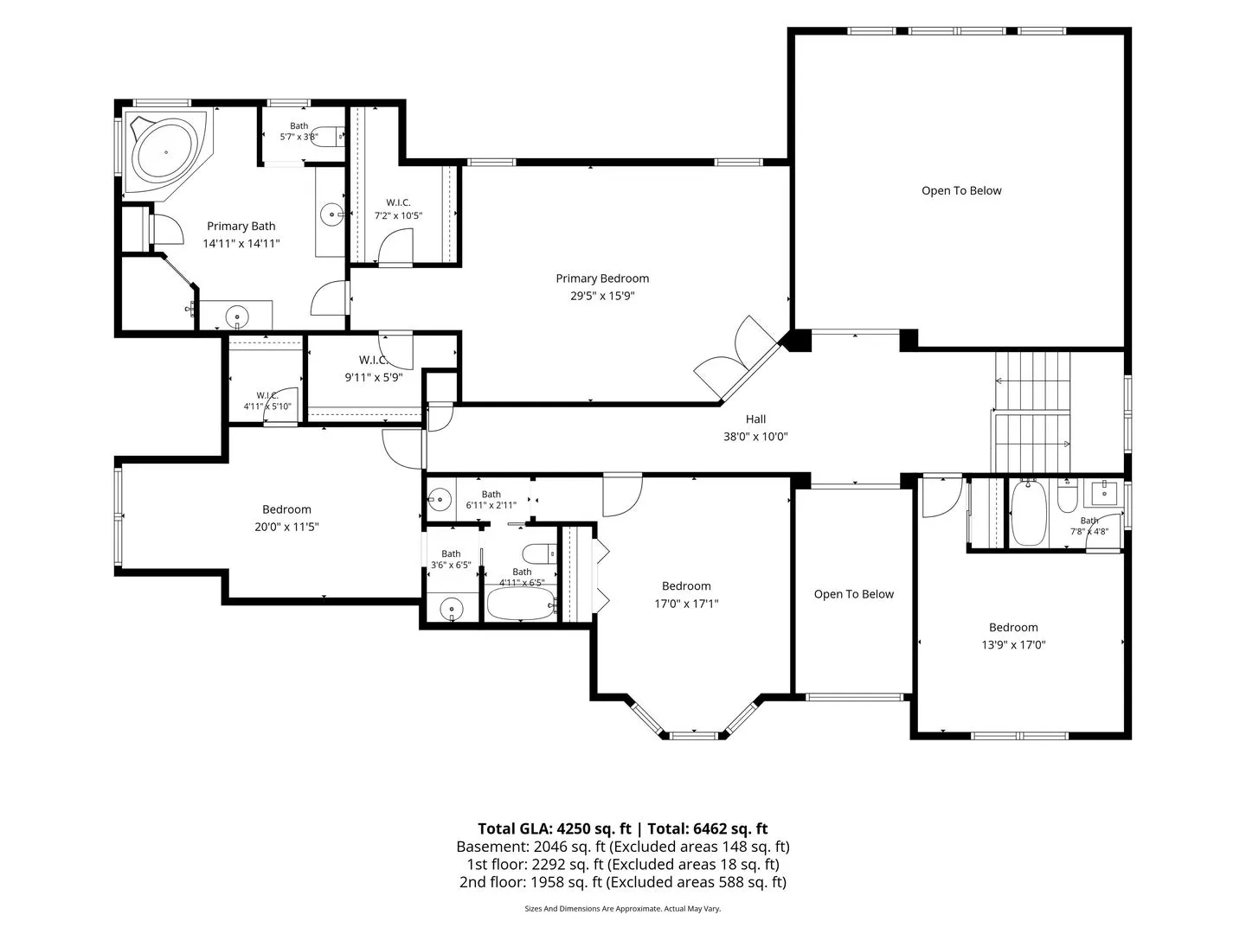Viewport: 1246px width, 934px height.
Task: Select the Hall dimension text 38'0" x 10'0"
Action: [755, 436]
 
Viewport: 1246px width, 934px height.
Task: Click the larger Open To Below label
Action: [961, 190]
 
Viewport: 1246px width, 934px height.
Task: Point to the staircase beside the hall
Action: [1031, 412]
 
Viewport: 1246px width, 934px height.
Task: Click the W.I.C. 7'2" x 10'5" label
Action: [398, 208]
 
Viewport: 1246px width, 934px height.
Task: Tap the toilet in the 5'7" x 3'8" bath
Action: [330, 136]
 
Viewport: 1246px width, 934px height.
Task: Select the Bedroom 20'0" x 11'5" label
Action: [286, 518]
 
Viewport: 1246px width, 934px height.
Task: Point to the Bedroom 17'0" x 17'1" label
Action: [685, 594]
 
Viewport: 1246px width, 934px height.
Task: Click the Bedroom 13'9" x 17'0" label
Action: [1013, 636]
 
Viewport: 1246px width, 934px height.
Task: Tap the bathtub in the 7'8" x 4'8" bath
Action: [1028, 513]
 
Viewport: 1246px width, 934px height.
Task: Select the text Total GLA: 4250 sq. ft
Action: [554, 828]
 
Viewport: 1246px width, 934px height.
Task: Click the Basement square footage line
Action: [623, 847]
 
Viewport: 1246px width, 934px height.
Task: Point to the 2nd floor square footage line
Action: [623, 882]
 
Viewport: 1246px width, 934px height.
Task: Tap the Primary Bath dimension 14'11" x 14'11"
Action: [241, 243]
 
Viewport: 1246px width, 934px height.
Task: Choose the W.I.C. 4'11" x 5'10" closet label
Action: [267, 400]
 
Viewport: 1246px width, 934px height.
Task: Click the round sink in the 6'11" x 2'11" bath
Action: [439, 500]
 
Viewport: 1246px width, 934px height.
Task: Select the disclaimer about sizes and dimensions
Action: [622, 908]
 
